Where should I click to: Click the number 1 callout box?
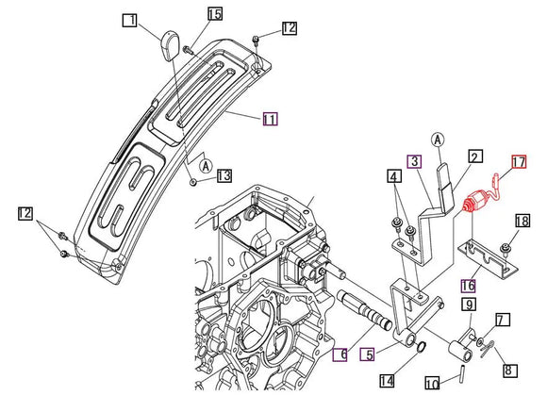click(130, 20)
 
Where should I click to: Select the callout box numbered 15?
click(215, 14)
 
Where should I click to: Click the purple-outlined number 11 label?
click(271, 119)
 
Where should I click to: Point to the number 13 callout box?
click(224, 175)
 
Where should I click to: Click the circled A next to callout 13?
click(207, 166)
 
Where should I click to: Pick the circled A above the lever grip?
click(438, 140)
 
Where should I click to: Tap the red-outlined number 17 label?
click(519, 161)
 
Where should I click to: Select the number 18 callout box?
click(522, 221)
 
